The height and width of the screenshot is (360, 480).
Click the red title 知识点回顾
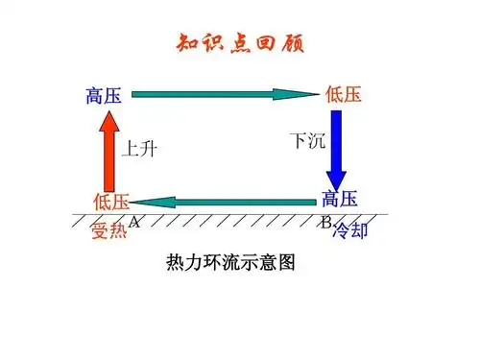pyautogui.click(x=239, y=44)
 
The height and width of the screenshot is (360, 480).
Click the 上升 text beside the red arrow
pyautogui.click(x=140, y=149)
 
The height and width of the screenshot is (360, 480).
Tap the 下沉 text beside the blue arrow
pyautogui.click(x=307, y=140)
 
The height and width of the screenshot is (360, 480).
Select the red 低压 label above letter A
pyautogui.click(x=110, y=202)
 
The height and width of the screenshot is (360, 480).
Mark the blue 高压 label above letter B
pyautogui.click(x=340, y=199)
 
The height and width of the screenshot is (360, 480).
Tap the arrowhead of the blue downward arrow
pyautogui.click(x=337, y=180)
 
